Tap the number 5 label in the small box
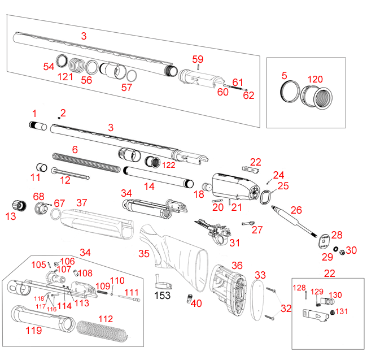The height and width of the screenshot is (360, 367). pos(284,75)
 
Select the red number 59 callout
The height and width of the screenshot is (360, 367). pos(198,59)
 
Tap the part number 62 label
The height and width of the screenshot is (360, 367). pos(248,96)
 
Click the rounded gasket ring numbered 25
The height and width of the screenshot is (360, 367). pos(265,197)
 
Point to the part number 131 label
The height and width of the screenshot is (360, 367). pos(342,311)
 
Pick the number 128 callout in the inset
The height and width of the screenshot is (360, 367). pos(299,288)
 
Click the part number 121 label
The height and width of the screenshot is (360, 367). pos(67,76)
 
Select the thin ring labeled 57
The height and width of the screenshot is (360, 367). pos(131,76)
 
